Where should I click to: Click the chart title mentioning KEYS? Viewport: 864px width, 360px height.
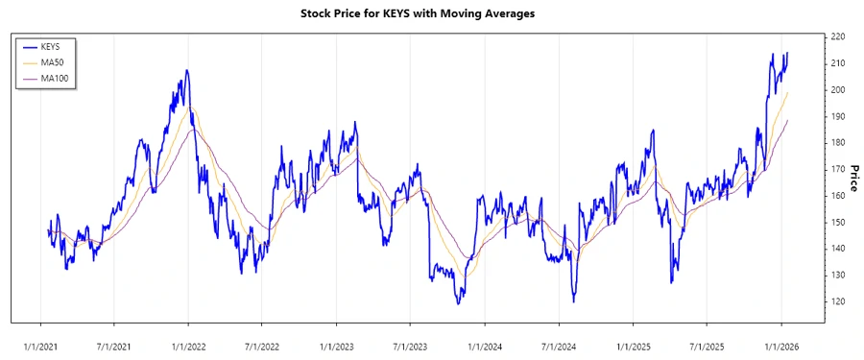click(431, 13)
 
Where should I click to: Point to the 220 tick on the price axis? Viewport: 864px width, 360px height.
click(837, 36)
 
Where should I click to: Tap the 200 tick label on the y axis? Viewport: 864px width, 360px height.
click(837, 89)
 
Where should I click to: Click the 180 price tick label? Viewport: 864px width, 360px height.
click(837, 142)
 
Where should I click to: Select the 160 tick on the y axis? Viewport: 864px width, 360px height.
click(837, 195)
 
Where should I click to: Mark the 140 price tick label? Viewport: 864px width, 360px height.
click(837, 248)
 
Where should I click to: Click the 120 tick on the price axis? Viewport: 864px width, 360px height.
click(837, 301)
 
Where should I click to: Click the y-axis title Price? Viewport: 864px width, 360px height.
click(853, 178)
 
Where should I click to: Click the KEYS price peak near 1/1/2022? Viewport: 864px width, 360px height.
click(187, 70)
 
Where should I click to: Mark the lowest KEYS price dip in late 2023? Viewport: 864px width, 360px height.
click(459, 303)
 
